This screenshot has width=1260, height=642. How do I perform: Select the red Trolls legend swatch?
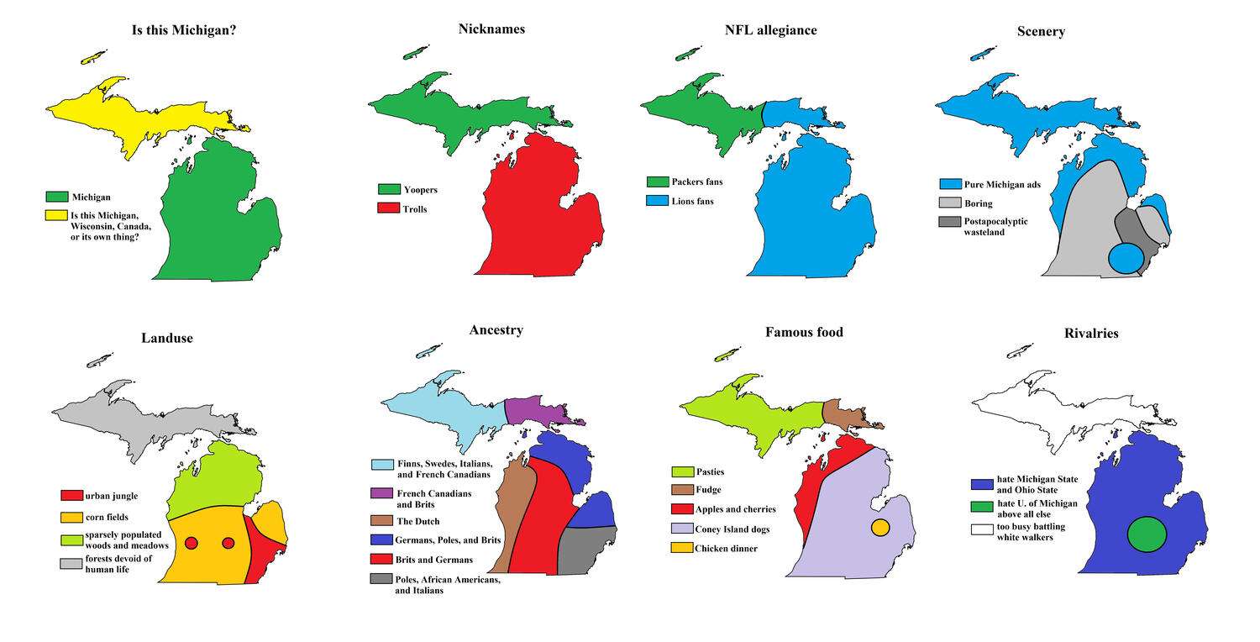389,208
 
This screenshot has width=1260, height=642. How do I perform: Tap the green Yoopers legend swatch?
389,190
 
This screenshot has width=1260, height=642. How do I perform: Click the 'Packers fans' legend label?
696,182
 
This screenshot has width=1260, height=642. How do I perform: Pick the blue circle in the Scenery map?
1126,258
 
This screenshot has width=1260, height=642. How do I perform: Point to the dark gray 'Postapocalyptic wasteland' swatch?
950,222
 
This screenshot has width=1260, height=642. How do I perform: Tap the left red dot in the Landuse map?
191,543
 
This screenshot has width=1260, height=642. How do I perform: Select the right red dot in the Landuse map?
228,543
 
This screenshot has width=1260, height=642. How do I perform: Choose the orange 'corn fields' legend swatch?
71,517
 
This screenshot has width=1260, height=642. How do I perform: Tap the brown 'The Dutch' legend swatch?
382,521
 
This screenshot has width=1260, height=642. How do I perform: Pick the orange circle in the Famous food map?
879,528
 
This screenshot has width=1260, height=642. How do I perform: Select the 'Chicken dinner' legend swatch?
682,549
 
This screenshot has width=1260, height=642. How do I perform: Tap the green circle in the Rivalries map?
1147,534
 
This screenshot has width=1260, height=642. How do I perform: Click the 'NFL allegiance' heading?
770,30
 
